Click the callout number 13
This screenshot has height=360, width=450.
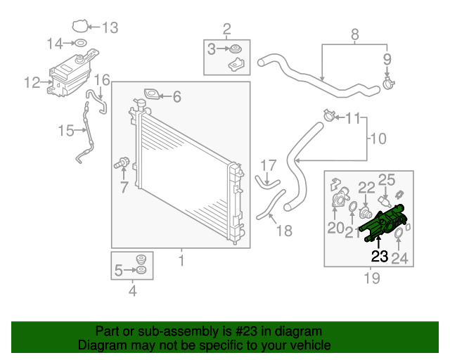[x=110, y=28]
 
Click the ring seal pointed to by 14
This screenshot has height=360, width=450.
[x=82, y=44]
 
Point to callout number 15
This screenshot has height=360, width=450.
[x=65, y=130]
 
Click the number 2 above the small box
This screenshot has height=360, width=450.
[x=226, y=29]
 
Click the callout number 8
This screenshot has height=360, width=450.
[x=354, y=34]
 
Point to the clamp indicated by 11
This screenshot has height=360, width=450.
[x=328, y=115]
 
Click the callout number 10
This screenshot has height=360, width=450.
[x=378, y=139]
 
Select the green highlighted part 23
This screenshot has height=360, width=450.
[x=383, y=221]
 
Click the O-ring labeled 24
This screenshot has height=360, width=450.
[x=399, y=234]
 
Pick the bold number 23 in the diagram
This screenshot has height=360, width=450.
[x=380, y=256]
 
